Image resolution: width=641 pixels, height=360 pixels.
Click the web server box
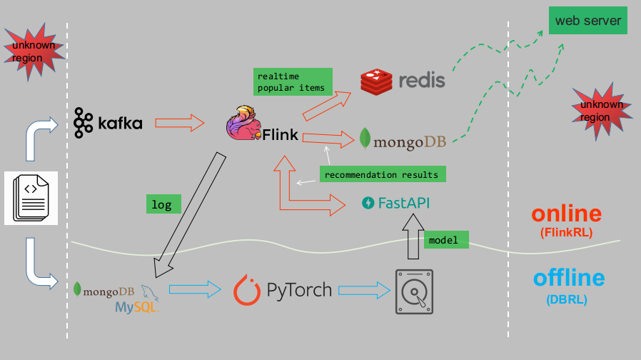tap(588, 20)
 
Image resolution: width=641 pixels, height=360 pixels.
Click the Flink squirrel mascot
tap(244, 124)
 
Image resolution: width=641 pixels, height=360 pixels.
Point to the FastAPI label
tap(396, 203)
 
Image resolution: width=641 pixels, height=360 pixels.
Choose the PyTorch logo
tap(283, 290)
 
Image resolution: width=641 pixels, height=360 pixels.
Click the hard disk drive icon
tap(414, 291)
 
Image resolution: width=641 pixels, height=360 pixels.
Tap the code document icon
tap(31, 198)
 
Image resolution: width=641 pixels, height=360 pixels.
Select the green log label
tap(162, 204)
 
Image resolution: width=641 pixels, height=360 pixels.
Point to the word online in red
tap(566, 214)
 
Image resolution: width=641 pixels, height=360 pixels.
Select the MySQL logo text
tap(136, 306)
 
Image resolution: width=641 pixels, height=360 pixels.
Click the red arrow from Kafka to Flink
tap(180, 123)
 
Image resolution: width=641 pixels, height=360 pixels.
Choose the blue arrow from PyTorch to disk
tap(364, 290)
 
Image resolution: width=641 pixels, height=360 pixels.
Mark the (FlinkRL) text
tap(567, 232)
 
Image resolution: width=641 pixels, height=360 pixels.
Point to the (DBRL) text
tap(567, 300)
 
